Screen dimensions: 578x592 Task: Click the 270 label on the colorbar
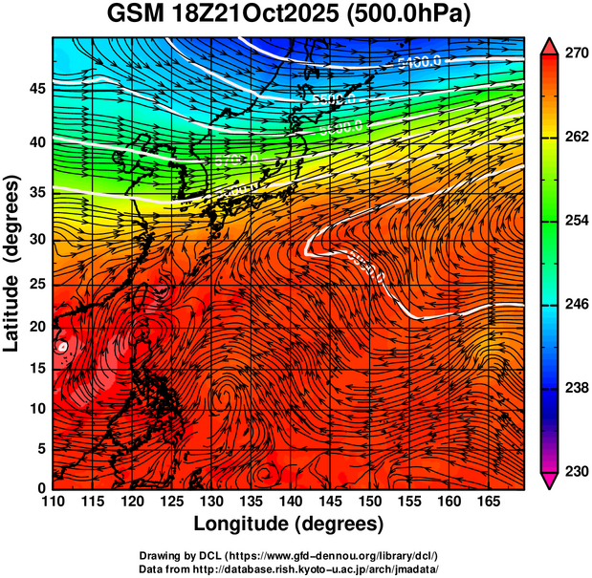coord(574,54)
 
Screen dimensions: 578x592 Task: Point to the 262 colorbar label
coord(574,137)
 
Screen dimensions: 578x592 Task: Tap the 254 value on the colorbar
coord(574,221)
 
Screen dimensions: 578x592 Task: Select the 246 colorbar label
coord(574,304)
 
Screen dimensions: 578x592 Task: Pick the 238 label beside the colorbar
coord(574,388)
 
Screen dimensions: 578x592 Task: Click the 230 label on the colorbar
coord(574,471)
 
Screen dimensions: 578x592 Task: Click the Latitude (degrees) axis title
coord(13,263)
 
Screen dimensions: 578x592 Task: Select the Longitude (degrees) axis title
coord(289,523)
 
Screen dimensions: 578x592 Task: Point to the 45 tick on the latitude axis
coord(35,89)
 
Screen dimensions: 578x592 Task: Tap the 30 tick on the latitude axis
coord(35,239)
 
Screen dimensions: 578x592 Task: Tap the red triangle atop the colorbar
coord(550,45)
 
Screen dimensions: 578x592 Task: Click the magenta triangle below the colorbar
coord(550,480)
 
